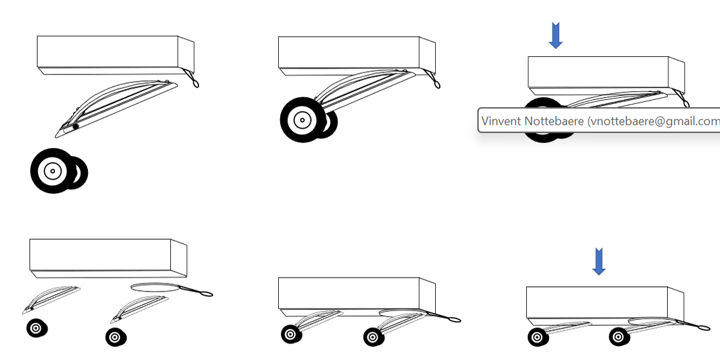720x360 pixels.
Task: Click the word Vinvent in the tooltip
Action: coord(499,122)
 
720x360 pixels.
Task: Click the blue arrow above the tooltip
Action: coord(555,36)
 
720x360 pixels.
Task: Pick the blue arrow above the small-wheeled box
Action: coord(599,261)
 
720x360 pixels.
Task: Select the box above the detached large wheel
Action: coord(114,54)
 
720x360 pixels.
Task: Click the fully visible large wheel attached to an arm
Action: coord(302,121)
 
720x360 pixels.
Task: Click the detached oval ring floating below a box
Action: coord(156,288)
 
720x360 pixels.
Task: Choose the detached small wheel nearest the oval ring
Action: coord(115,337)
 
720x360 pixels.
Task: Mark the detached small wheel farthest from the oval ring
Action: coord(36,328)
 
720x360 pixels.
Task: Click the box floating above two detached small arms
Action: coord(107,257)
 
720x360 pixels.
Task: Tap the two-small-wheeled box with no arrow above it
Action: coord(355,295)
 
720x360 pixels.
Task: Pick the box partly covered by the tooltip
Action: coord(603,74)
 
